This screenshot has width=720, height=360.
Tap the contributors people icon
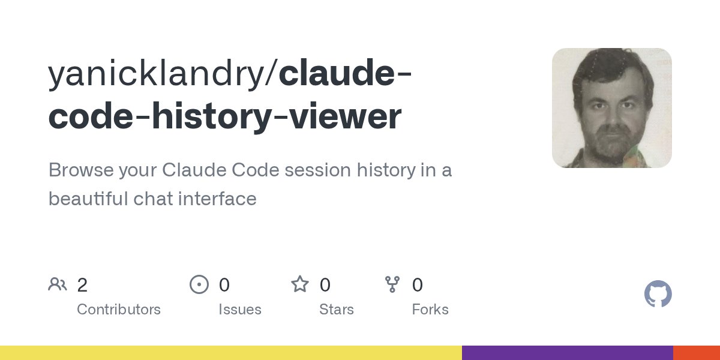pyautogui.click(x=58, y=284)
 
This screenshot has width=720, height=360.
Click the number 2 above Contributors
pyautogui.click(x=82, y=285)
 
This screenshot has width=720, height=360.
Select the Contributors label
pyautogui.click(x=119, y=310)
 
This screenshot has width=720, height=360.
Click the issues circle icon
pyautogui.click(x=199, y=284)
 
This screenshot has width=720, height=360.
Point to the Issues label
pyautogui.click(x=240, y=310)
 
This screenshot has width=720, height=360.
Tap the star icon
pyautogui.click(x=300, y=284)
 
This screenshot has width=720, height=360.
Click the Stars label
pyautogui.click(x=337, y=310)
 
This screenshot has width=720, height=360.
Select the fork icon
pyautogui.click(x=392, y=284)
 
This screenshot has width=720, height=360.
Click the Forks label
pyautogui.click(x=430, y=310)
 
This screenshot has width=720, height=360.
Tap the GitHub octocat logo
pyautogui.click(x=658, y=295)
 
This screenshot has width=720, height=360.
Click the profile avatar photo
pyautogui.click(x=612, y=108)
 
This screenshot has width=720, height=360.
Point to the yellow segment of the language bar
pyautogui.click(x=231, y=353)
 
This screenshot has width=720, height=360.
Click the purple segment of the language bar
pyautogui.click(x=567, y=353)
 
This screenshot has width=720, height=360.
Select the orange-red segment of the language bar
pyautogui.click(x=697, y=353)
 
